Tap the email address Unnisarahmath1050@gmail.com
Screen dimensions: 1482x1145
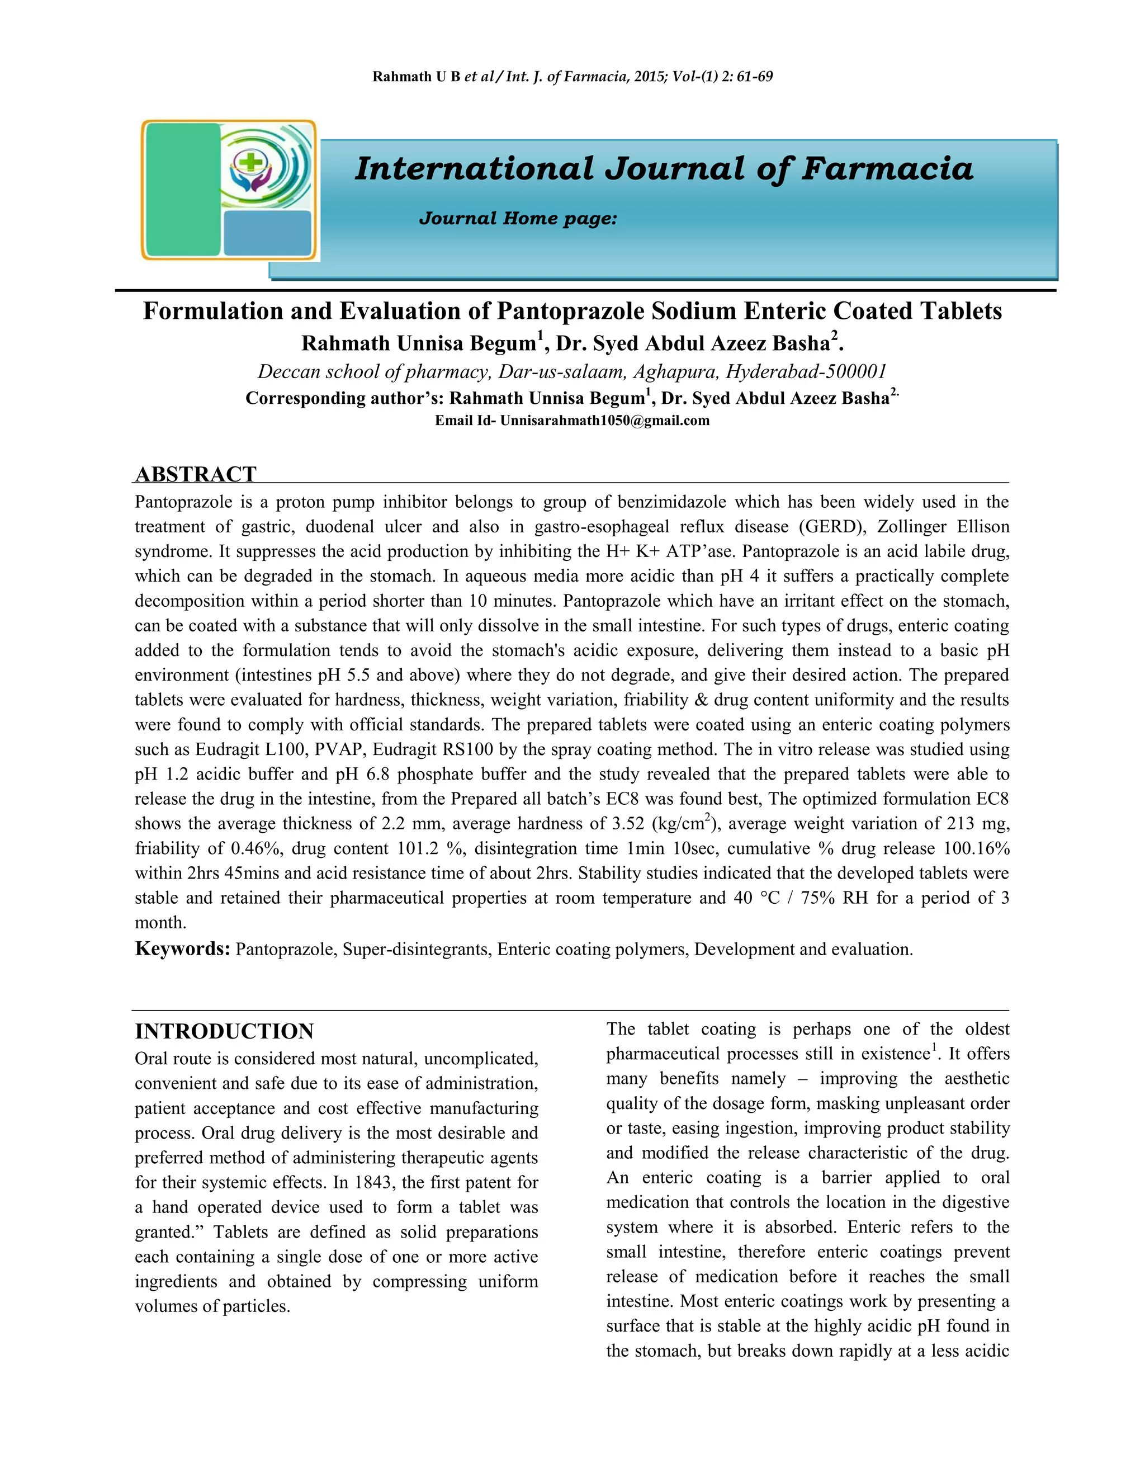(x=604, y=421)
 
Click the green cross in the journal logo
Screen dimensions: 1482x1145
(x=252, y=162)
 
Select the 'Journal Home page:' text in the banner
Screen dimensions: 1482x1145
(x=518, y=219)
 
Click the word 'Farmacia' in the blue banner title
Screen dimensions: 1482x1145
(x=887, y=168)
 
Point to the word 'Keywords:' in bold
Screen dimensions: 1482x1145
(x=182, y=948)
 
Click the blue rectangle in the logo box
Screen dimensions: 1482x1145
(x=267, y=233)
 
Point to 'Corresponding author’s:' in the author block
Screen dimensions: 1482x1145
(x=344, y=398)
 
